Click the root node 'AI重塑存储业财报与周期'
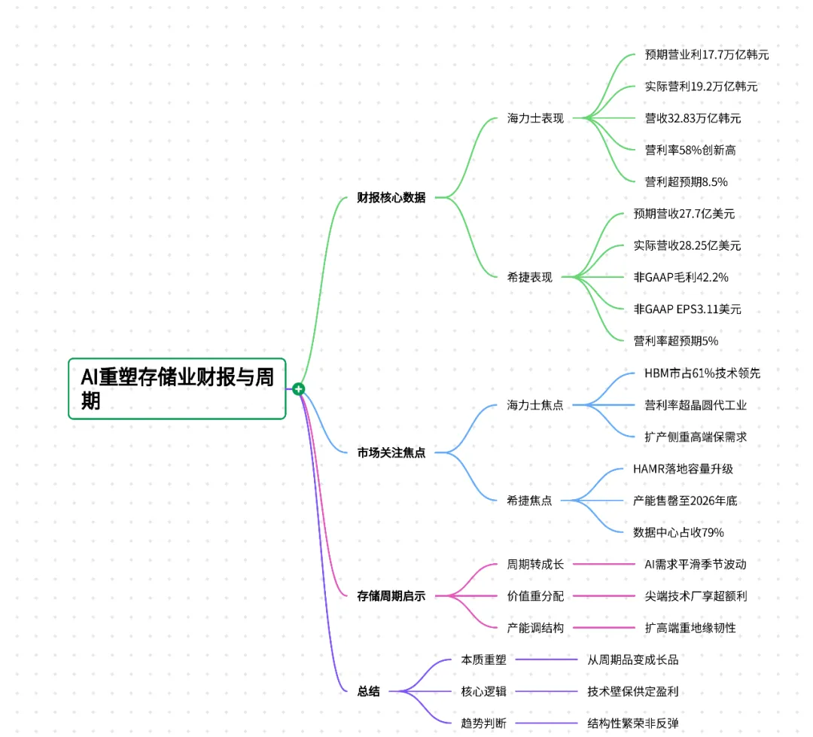click(x=177, y=388)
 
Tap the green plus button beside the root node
click(x=298, y=389)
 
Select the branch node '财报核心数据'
click(x=391, y=197)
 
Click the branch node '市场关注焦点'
click(x=391, y=452)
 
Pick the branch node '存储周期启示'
click(x=391, y=596)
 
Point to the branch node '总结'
click(x=368, y=691)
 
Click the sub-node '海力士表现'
click(x=535, y=118)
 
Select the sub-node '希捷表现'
click(x=529, y=278)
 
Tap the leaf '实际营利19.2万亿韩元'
click(x=701, y=87)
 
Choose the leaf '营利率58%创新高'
click(x=690, y=151)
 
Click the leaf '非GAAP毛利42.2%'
click(x=681, y=278)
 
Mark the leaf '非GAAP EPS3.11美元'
click(x=687, y=309)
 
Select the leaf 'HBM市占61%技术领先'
click(x=702, y=373)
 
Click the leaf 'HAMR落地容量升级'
click(x=683, y=469)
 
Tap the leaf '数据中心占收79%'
click(x=678, y=533)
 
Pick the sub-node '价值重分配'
click(x=535, y=596)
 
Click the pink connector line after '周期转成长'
click(x=604, y=565)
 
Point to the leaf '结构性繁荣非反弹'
click(x=632, y=723)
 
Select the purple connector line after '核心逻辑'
click(x=547, y=691)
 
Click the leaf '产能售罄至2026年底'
click(x=685, y=501)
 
